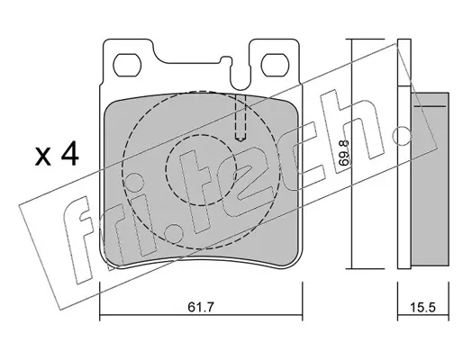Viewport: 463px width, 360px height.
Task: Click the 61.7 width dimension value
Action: tap(201, 307)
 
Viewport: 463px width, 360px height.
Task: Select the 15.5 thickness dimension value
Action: tap(422, 307)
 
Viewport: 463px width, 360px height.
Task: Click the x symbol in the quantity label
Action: tap(43, 157)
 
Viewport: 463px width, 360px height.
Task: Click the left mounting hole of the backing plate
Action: tap(127, 65)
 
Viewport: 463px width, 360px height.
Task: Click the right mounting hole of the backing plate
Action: tap(276, 65)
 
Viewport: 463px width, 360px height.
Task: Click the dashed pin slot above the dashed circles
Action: tap(241, 118)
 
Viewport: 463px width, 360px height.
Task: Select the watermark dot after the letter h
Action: tap(403, 136)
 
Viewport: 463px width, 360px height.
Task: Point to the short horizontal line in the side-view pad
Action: tap(430, 106)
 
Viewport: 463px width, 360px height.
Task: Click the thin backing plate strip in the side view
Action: tap(404, 153)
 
